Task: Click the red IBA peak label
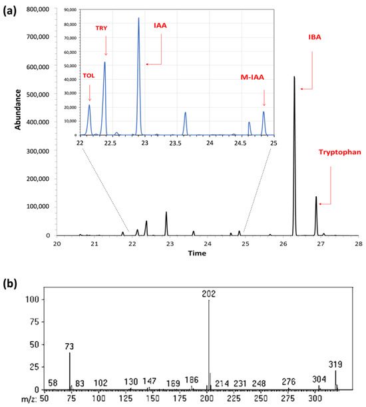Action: click(x=315, y=37)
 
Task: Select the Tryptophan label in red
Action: click(x=340, y=152)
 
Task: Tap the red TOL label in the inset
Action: click(x=89, y=76)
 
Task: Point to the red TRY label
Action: click(x=101, y=28)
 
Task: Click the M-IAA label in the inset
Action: click(x=252, y=77)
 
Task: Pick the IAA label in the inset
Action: click(x=160, y=25)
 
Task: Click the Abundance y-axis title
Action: click(x=18, y=110)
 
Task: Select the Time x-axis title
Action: click(x=197, y=253)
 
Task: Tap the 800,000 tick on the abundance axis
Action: click(x=38, y=9)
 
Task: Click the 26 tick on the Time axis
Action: click(x=283, y=244)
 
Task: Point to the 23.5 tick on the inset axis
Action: click(x=175, y=143)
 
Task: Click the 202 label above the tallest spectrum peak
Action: click(x=208, y=294)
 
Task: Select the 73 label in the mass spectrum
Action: click(x=69, y=346)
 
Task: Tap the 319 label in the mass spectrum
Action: click(x=335, y=364)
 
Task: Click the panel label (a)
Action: click(x=9, y=11)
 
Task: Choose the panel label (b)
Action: click(x=10, y=283)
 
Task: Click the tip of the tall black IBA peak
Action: click(x=294, y=76)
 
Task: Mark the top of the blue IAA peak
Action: click(x=138, y=18)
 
